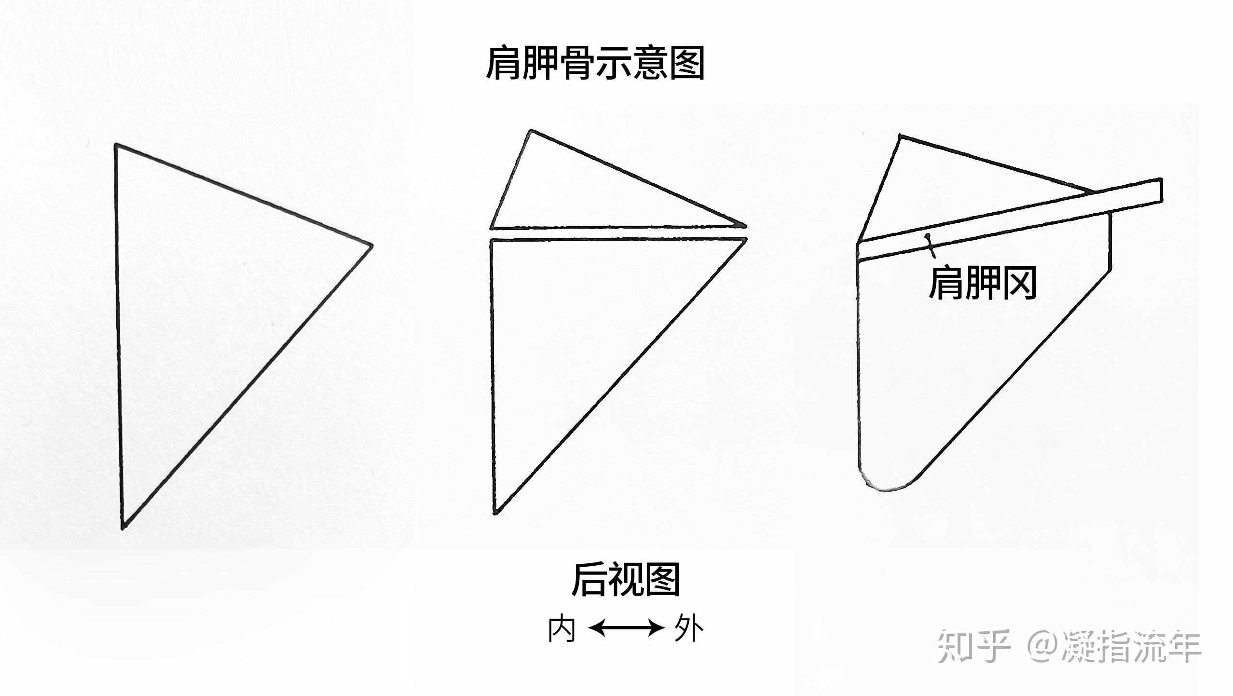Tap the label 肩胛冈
tap(982, 284)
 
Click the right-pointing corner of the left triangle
tap(372, 246)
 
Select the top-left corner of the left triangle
tap(116, 144)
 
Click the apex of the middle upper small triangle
tap(531, 130)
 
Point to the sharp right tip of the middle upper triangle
tap(745, 225)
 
